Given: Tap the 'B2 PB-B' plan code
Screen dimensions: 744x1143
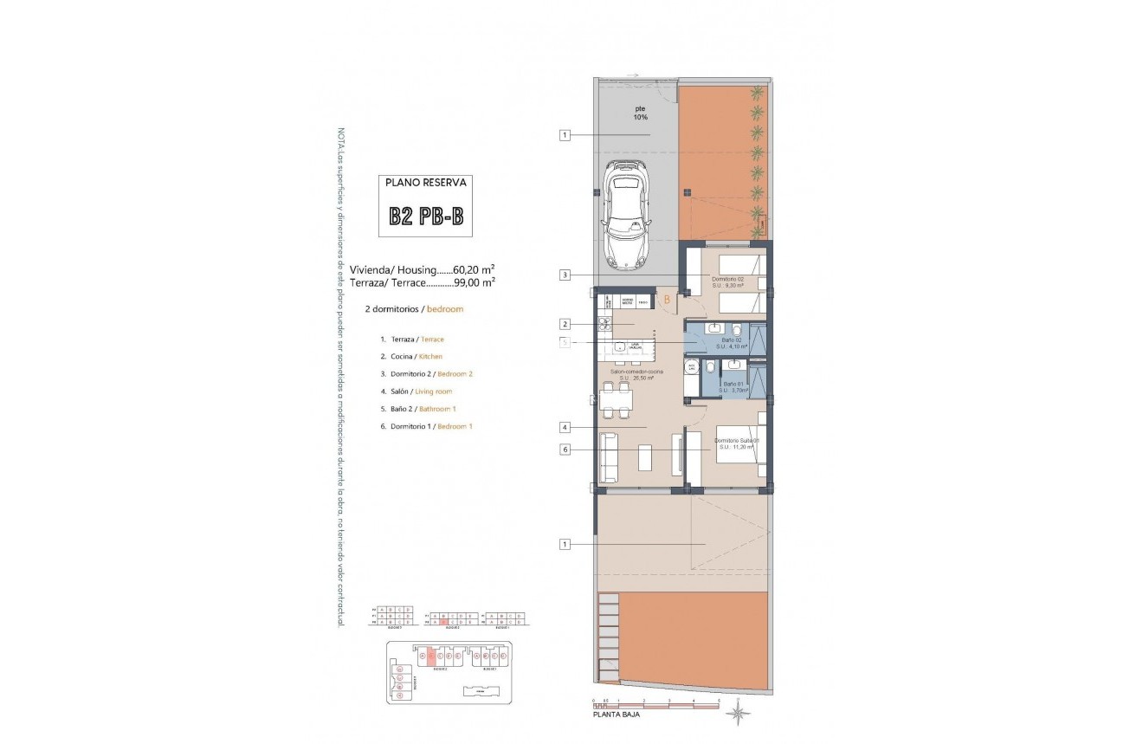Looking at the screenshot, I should coord(425,217).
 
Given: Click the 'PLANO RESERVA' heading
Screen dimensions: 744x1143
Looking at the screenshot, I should coord(425,183).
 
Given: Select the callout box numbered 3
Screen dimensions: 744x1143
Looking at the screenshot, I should coord(565,275).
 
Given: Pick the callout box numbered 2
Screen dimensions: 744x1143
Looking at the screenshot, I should coord(565,325).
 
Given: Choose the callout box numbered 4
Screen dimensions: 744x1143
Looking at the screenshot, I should coord(565,427).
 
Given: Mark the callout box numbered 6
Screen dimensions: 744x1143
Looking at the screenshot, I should coord(565,449).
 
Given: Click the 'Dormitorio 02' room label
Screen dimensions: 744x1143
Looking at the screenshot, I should coord(728,280).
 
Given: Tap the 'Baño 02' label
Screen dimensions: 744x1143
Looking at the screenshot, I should coord(733,340).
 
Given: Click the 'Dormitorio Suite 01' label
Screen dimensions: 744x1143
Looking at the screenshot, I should coord(737,440).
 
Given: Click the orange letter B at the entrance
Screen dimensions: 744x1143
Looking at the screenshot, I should coord(667,301).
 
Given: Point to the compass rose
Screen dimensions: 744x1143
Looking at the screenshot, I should coord(738,713).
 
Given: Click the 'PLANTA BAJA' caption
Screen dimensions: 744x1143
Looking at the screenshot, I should coord(617,715).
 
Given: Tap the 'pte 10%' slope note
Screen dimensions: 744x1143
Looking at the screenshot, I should coord(639,113).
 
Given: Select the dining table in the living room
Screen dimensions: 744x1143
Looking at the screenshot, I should coord(615,399).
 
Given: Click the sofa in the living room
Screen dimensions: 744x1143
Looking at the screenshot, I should coord(608,457).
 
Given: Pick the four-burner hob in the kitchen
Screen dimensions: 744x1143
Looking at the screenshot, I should coord(604,325).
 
